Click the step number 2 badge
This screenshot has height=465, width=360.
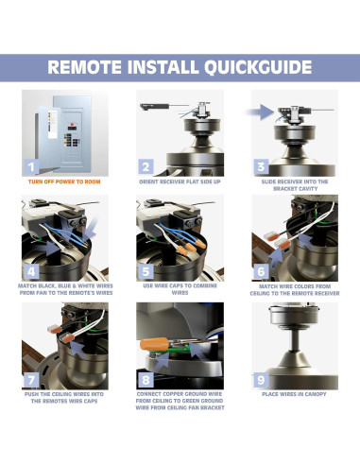(146, 167)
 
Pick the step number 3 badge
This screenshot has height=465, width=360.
(260, 167)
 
